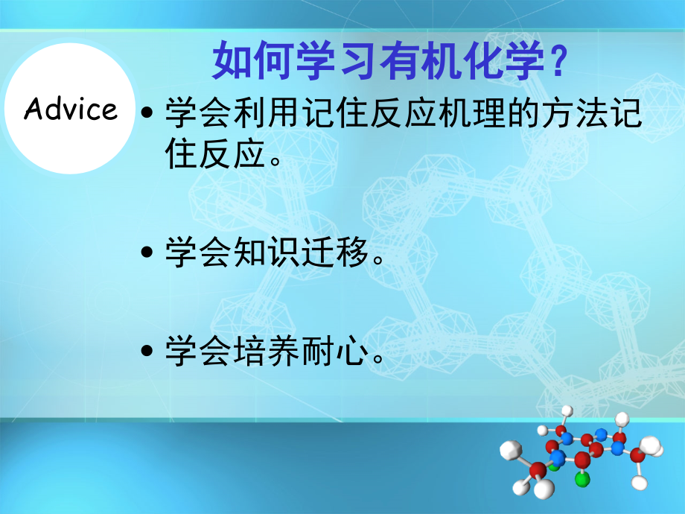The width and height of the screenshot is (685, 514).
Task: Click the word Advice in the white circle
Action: (x=71, y=110)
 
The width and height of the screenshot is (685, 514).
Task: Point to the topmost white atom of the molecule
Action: (x=567, y=410)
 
